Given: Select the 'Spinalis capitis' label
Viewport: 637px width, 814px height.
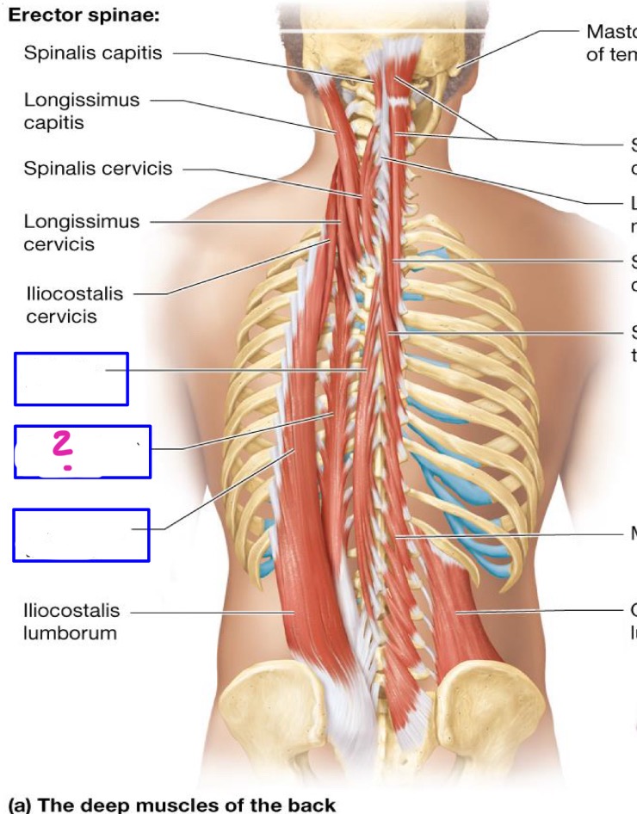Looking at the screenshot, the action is pyautogui.click(x=92, y=53).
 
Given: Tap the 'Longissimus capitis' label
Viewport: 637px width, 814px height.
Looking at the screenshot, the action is pyautogui.click(x=81, y=111).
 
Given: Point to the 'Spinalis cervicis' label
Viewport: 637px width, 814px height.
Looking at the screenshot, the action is pyautogui.click(x=97, y=169).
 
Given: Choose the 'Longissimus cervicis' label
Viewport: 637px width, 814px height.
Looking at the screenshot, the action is pyautogui.click(x=81, y=232).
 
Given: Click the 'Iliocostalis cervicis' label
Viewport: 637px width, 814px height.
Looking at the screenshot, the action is pyautogui.click(x=72, y=305).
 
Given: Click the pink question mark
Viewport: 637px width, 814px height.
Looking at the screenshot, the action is pyautogui.click(x=62, y=450).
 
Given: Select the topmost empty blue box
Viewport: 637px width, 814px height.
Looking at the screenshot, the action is pyautogui.click(x=71, y=379).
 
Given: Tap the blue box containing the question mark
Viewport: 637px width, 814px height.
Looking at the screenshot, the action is pyautogui.click(x=83, y=452).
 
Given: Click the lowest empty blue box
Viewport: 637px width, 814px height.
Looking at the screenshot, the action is pyautogui.click(x=81, y=534).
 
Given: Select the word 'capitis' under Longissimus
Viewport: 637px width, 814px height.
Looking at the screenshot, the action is pyautogui.click(x=53, y=122).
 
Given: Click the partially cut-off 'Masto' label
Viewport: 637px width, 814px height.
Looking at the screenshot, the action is pyautogui.click(x=610, y=32).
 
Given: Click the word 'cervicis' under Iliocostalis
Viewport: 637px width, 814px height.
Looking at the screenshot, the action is pyautogui.click(x=60, y=317).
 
